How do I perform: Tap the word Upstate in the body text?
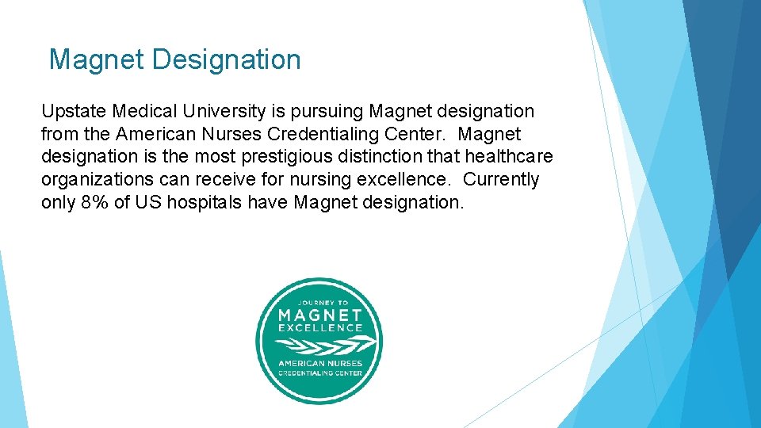[x=75, y=112]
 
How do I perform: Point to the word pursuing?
[x=324, y=112]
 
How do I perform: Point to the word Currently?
[x=501, y=180]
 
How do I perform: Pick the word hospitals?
[x=204, y=202]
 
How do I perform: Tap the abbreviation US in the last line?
[x=147, y=202]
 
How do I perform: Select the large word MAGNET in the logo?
[x=319, y=315]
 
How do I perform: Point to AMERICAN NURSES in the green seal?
[x=319, y=364]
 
